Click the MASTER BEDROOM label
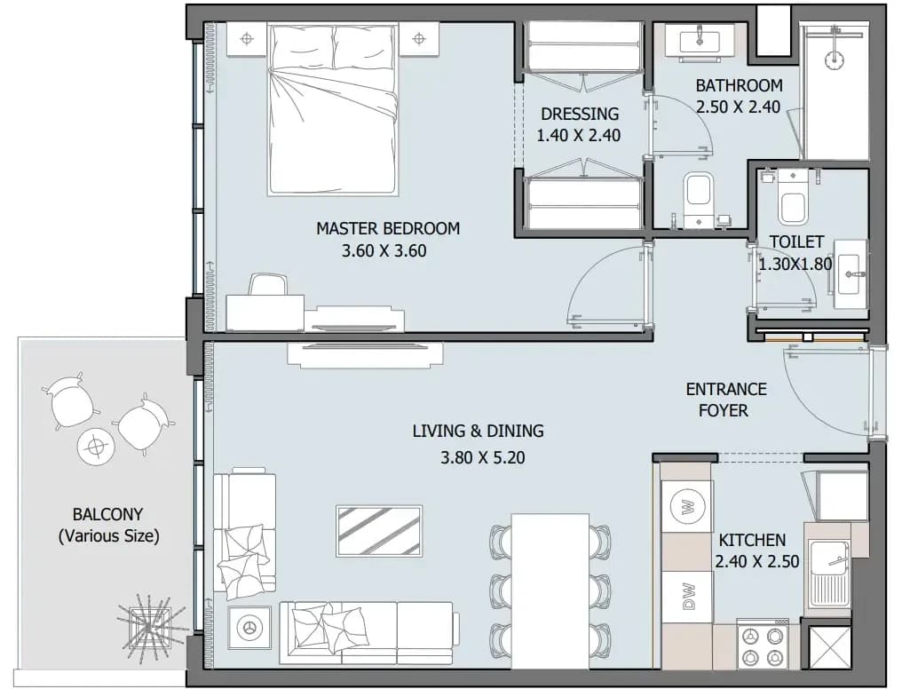tap(388, 228)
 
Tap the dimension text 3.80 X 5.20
tap(483, 458)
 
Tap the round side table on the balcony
tap(95, 446)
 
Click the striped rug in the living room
tap(379, 531)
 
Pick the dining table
tap(550, 590)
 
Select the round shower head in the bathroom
tap(834, 59)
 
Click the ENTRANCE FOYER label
tap(725, 400)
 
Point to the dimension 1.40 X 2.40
tap(579, 135)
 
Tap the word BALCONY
tap(107, 513)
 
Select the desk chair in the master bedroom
tap(268, 285)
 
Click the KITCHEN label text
tap(753, 540)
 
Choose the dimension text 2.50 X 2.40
tap(738, 107)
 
